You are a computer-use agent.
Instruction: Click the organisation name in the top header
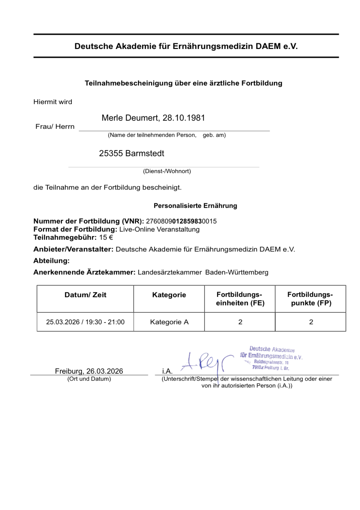coord(186,46)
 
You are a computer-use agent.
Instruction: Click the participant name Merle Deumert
coord(130,118)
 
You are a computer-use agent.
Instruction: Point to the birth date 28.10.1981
coord(184,118)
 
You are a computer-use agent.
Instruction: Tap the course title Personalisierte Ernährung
coord(195,206)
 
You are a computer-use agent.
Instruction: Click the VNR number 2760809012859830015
coord(181,221)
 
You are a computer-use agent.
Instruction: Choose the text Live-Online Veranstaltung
coord(159,229)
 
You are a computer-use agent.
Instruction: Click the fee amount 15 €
coord(106,237)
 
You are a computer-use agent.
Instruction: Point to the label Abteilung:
coord(51,261)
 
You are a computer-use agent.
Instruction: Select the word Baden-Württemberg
coord(237,272)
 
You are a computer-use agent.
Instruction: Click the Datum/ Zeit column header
coord(85,295)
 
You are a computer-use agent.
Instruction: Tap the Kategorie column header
coord(169,295)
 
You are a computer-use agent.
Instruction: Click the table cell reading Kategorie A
coord(169,322)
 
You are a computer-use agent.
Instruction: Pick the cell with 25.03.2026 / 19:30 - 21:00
coord(85,322)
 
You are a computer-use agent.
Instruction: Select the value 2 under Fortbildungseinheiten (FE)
coord(240,322)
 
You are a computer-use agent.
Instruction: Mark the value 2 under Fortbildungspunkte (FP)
coord(311,322)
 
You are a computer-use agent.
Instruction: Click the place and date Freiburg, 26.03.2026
coord(89,371)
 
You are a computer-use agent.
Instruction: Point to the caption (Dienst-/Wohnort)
coord(167,171)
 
